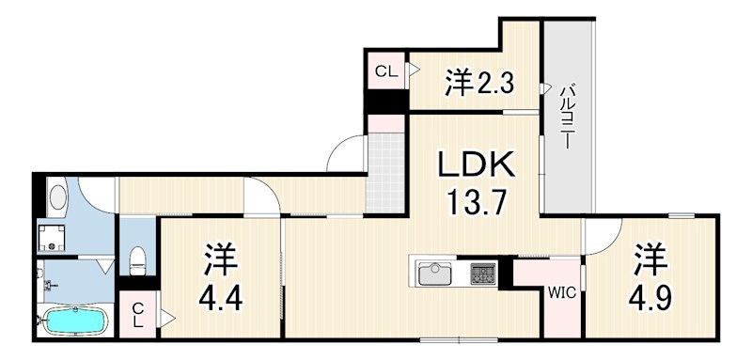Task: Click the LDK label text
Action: pos(476,165)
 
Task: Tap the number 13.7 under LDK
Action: pos(477,202)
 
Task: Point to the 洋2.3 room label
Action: pos(479,83)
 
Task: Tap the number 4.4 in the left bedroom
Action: pos(221,298)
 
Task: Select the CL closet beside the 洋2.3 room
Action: pos(386,71)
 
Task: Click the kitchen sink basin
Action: pos(435,274)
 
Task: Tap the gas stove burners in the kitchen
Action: pos(483,274)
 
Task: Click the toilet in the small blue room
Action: pos(137,260)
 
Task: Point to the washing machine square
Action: pos(54,236)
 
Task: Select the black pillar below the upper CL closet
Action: pos(385,102)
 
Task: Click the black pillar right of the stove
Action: pos(505,273)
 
